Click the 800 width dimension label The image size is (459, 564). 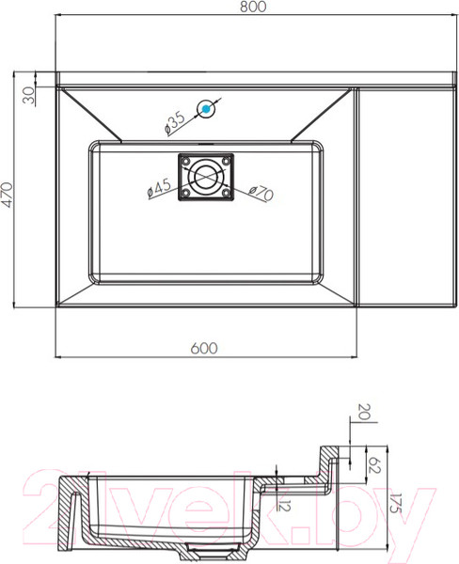[x=253, y=7]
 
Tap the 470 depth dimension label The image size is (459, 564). [x=8, y=195]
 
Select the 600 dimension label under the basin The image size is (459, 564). [x=204, y=348]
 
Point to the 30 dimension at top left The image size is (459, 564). [x=29, y=95]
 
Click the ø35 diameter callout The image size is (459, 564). [x=174, y=122]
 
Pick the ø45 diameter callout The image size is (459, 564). [x=159, y=188]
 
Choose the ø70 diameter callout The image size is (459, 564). [x=261, y=193]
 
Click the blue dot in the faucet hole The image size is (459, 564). [x=206, y=109]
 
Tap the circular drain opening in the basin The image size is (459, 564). [x=206, y=177]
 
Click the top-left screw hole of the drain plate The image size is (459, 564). [x=185, y=161]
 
